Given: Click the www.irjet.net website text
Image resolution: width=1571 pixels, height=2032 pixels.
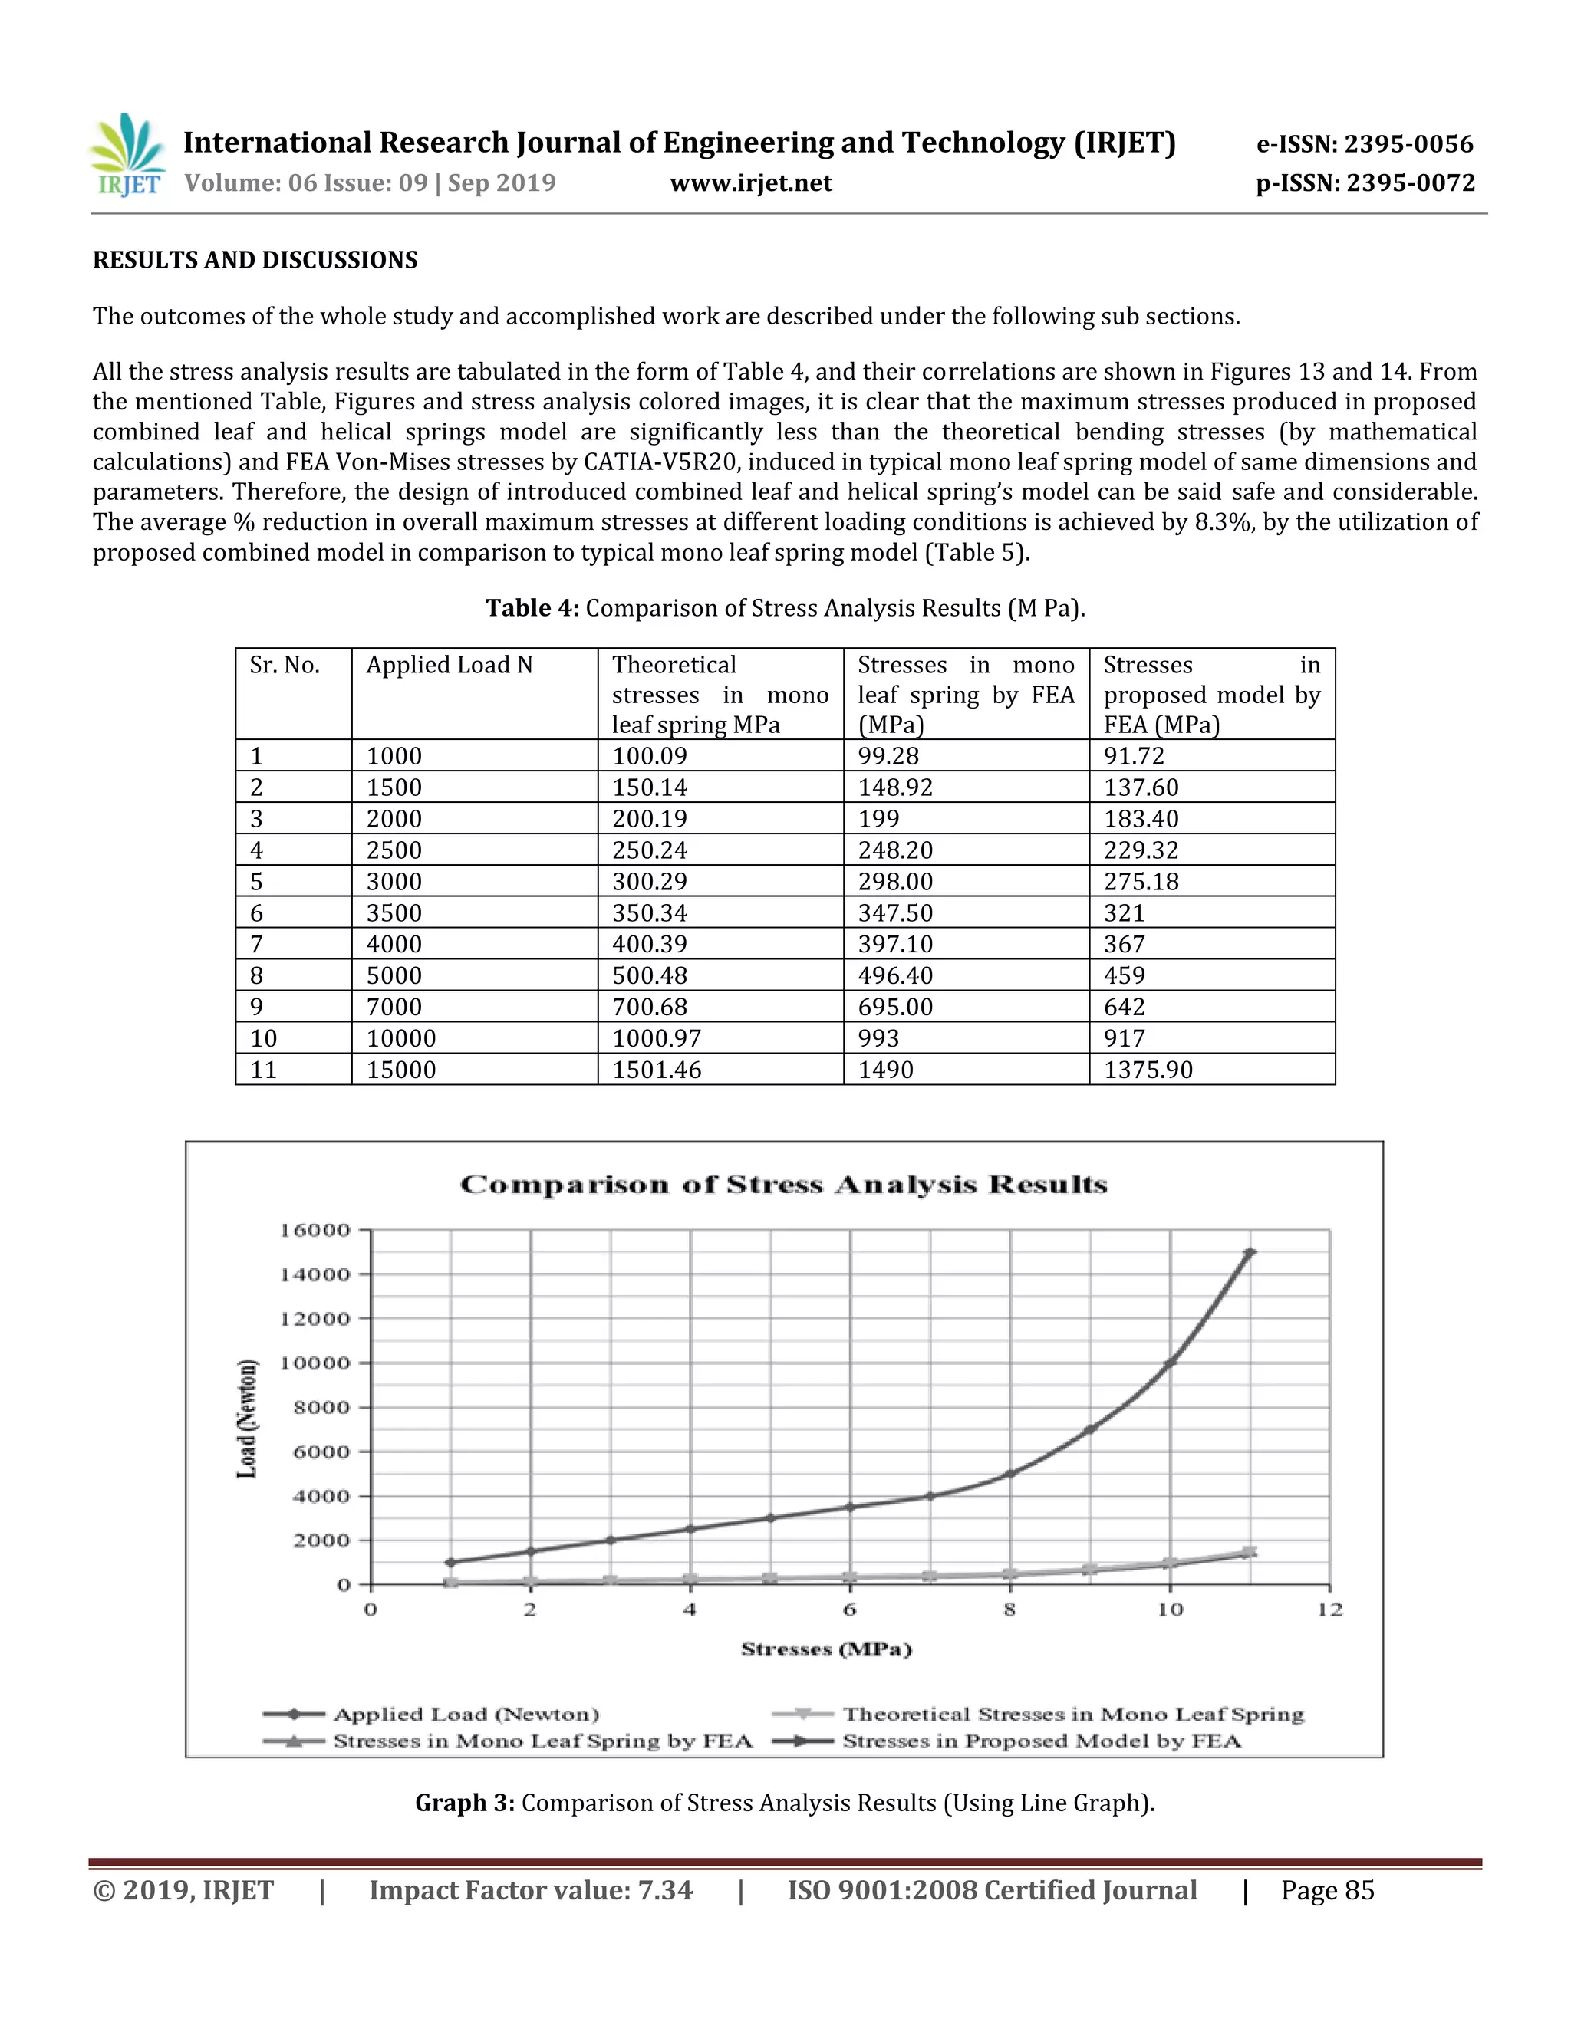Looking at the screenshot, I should [750, 183].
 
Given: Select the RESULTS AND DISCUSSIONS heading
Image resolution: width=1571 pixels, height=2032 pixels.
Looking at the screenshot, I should [255, 261].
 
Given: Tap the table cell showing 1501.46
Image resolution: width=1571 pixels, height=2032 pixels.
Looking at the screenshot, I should [657, 1070].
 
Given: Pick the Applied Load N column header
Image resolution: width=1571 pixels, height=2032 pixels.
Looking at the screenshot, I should [450, 666].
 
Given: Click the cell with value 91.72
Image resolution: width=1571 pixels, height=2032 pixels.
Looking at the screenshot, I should [1134, 756].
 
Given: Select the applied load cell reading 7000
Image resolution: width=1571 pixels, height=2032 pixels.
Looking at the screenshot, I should [394, 1007].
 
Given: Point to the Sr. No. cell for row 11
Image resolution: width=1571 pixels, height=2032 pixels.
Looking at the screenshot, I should [265, 1070].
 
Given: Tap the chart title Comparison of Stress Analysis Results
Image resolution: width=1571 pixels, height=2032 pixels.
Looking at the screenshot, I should [784, 1185].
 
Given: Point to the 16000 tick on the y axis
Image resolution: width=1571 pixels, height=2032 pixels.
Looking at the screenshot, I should [315, 1231].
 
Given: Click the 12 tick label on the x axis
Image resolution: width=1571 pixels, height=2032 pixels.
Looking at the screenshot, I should [1329, 1610].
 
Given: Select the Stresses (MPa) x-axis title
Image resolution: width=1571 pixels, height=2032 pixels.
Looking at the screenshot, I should [826, 1649].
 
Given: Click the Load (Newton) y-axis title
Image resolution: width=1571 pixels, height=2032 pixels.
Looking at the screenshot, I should [247, 1418].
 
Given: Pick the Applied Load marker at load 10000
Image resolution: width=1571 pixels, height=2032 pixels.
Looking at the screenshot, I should [1170, 1363].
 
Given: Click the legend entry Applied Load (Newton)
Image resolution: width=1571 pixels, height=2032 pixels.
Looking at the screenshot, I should [466, 1715].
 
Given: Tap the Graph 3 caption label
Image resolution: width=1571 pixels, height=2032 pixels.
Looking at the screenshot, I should [464, 1803].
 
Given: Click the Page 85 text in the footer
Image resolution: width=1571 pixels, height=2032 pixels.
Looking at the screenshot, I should [1327, 1892].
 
